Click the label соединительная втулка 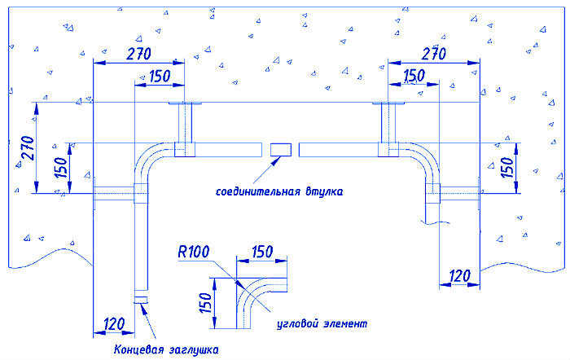pos(279,192)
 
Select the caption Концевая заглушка pos(166,350)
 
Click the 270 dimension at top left pos(138,56)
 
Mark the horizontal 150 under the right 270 pos(414,76)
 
